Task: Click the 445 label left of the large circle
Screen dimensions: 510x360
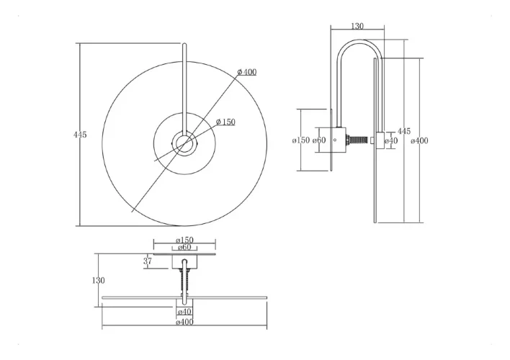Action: (x=80, y=135)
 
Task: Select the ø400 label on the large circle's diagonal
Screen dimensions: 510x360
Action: (x=247, y=72)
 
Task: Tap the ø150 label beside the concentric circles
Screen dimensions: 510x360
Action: (x=225, y=122)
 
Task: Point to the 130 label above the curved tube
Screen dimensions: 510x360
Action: (x=357, y=26)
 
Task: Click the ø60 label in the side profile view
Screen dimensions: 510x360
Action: (x=319, y=140)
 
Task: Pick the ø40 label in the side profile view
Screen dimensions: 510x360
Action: (x=391, y=141)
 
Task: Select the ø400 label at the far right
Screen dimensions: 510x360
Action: (x=419, y=141)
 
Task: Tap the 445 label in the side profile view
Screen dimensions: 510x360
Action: (x=404, y=131)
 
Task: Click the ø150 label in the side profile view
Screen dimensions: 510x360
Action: (x=301, y=140)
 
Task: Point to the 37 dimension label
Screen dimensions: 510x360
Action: (x=148, y=261)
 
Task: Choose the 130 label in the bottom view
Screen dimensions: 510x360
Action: (x=99, y=280)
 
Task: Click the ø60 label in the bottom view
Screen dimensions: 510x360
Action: (x=184, y=247)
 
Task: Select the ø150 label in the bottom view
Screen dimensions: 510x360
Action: (x=184, y=240)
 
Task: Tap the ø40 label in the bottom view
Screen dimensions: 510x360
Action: (x=184, y=312)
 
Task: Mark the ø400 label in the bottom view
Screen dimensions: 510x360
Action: (x=184, y=322)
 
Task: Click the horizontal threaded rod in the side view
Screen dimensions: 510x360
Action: (x=359, y=140)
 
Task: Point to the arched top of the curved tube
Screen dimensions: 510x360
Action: (x=359, y=40)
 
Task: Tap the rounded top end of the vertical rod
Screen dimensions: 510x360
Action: (x=184, y=44)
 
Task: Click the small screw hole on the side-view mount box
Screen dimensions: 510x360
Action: (x=335, y=140)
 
